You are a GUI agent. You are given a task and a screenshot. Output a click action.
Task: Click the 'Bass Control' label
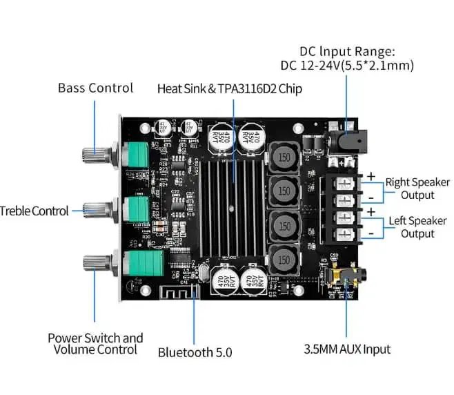pyautogui.click(x=95, y=88)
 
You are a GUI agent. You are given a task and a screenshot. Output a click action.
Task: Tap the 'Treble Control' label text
pyautogui.click(x=34, y=211)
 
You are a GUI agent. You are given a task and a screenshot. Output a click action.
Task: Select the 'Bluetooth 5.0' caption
pyautogui.click(x=195, y=352)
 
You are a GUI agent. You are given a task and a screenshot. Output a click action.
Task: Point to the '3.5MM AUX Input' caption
pyautogui.click(x=347, y=349)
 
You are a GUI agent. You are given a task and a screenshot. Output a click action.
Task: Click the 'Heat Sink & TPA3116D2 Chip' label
pyautogui.click(x=229, y=88)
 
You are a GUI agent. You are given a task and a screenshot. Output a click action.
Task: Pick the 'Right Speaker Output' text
pyautogui.click(x=417, y=189)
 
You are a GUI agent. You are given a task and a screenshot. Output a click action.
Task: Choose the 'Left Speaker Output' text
pyautogui.click(x=417, y=227)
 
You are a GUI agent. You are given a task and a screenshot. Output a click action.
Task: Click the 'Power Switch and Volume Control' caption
pyautogui.click(x=95, y=343)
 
